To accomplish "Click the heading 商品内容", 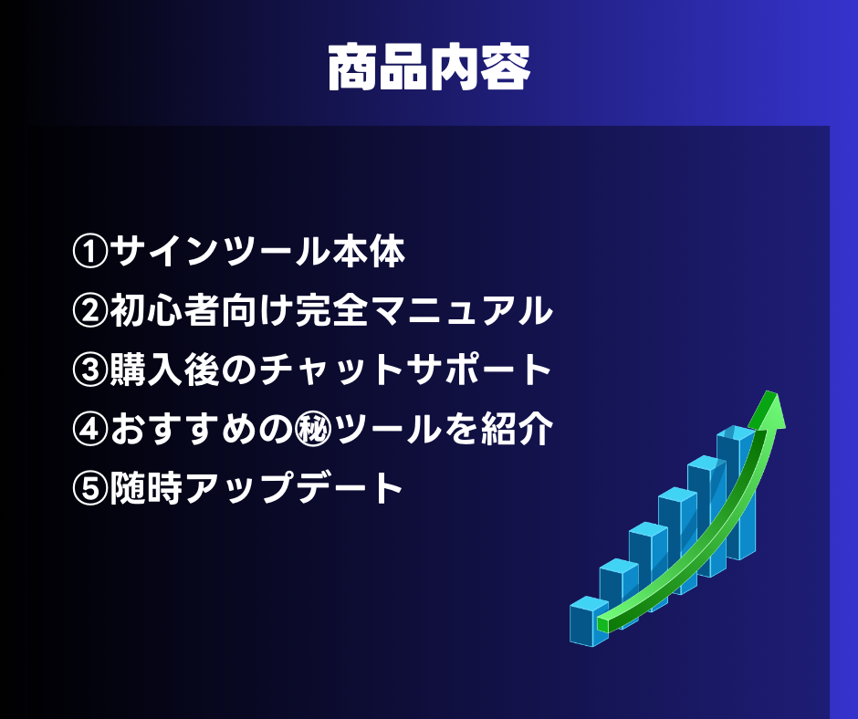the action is [x=429, y=68].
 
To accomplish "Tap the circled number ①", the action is [x=90, y=252].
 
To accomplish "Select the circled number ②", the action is [x=90, y=311].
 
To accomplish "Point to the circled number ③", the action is [x=90, y=370].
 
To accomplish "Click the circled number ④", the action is [x=90, y=429].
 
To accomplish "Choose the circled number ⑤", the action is [x=90, y=488].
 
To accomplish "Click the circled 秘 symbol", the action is [x=314, y=429].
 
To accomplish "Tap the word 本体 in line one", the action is [x=370, y=252].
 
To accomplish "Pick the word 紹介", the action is [x=518, y=429].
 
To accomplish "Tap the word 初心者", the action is [x=164, y=311].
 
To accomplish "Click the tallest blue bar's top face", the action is [x=737, y=432].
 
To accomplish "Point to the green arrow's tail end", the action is [x=602, y=624].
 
